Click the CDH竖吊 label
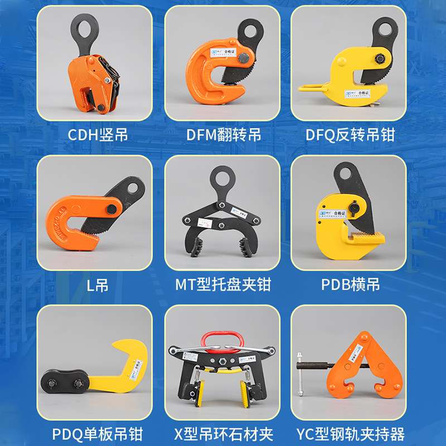(98, 135)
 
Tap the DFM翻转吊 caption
(224, 135)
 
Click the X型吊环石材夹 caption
(223, 433)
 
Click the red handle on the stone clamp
(223, 336)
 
